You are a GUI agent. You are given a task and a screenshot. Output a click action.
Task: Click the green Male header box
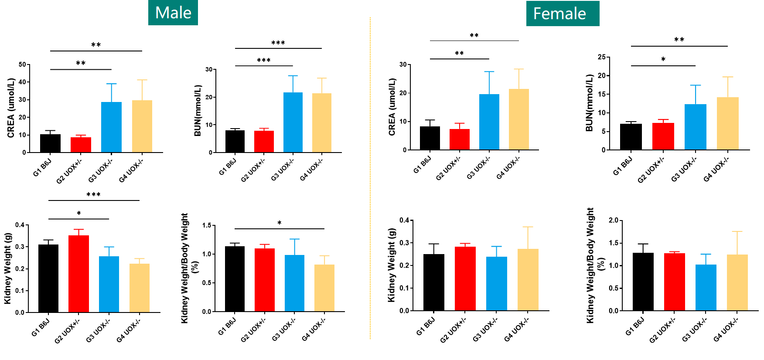pos(173,13)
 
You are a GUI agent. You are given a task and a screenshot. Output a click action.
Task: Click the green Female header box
pos(562,14)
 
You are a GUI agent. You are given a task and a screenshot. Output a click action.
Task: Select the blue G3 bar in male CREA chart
pos(111,127)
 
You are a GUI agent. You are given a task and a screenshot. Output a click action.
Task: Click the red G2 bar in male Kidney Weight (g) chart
pos(78,274)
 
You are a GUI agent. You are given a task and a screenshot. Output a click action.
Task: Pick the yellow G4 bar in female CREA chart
pos(518,119)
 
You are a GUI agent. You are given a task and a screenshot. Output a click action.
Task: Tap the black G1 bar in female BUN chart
pos(631,137)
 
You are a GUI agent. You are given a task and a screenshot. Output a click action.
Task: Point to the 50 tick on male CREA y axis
pos(22,65)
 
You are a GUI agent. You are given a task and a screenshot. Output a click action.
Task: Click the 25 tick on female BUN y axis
pos(601,57)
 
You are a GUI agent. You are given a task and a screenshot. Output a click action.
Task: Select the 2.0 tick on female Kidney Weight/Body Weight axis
pos(613,221)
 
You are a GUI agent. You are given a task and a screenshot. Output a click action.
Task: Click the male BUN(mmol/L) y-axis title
pos(198,111)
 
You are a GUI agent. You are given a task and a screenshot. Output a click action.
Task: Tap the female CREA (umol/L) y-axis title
pos(392,107)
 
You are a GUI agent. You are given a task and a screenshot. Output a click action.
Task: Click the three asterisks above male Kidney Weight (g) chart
pos(93,194)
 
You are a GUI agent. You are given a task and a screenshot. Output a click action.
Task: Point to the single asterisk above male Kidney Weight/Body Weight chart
pos(279,223)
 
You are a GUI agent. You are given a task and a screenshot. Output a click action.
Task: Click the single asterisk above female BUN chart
pos(663,59)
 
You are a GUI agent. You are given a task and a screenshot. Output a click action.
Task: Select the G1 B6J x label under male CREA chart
pos(42,167)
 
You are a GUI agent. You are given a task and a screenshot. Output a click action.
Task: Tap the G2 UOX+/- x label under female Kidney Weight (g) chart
pos(453,329)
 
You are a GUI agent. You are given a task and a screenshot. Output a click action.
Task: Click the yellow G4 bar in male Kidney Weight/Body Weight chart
pos(324,288)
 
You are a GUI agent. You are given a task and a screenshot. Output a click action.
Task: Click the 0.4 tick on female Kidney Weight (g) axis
pos(404,221)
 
